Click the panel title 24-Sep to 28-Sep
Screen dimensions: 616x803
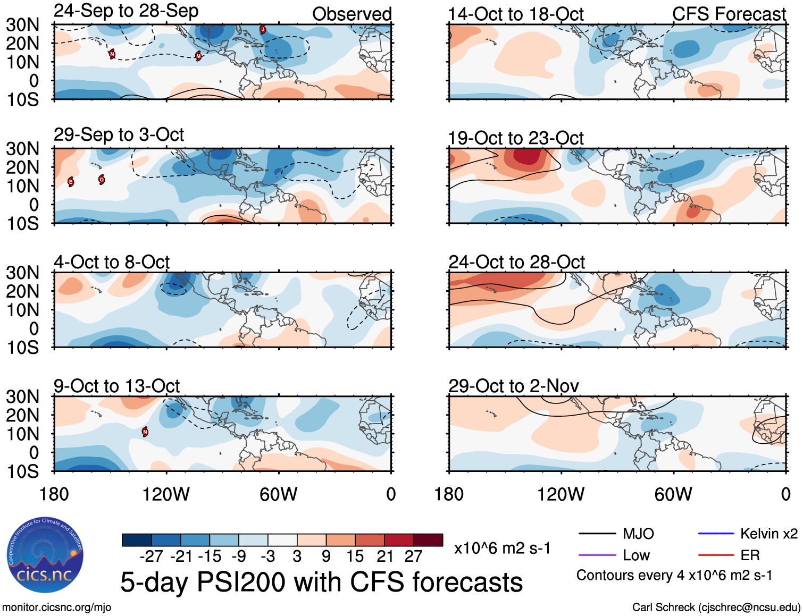(x=126, y=11)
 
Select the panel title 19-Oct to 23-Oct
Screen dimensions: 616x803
(x=515, y=138)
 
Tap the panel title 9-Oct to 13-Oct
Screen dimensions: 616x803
(x=116, y=386)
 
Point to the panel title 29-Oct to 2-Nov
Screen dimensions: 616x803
(x=513, y=386)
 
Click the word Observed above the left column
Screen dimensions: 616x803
(x=352, y=14)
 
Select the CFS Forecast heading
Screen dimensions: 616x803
(x=729, y=14)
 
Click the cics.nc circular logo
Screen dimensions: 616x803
(x=45, y=555)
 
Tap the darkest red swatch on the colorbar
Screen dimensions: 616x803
(x=428, y=540)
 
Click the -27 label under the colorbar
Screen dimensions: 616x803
(x=151, y=556)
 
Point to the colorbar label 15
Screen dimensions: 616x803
(x=355, y=556)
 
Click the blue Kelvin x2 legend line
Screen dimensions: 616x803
(x=716, y=533)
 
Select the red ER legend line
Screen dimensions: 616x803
(x=716, y=555)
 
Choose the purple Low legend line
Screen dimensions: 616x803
(x=597, y=555)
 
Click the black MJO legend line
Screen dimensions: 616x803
(x=597, y=533)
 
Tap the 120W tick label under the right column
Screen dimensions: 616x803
(x=561, y=494)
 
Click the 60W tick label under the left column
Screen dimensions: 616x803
(x=278, y=494)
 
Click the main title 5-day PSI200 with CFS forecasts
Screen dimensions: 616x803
(x=321, y=582)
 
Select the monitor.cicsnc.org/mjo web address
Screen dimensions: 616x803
(x=56, y=607)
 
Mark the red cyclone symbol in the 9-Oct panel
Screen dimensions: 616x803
(x=145, y=432)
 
